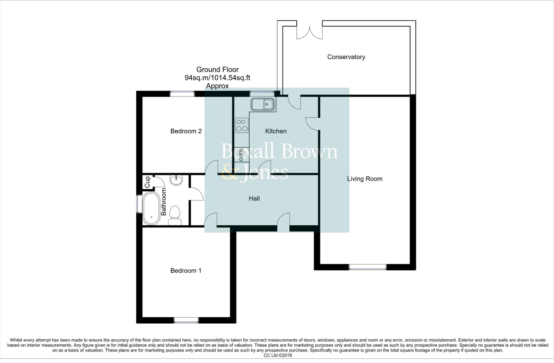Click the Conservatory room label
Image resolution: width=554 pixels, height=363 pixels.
(346, 57)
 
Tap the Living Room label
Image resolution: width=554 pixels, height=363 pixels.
(365, 179)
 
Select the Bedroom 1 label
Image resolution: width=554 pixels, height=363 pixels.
(186, 271)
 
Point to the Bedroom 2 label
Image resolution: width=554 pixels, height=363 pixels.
(186, 131)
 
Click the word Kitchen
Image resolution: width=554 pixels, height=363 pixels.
(276, 131)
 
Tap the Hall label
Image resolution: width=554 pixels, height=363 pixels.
(254, 199)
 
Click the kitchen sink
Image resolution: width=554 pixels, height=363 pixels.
(263, 105)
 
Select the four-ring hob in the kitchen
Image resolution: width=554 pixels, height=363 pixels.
(242, 125)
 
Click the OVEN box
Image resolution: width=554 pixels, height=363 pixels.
(242, 155)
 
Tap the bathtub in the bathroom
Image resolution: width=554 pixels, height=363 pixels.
(151, 208)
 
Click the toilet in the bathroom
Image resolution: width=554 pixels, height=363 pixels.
(175, 216)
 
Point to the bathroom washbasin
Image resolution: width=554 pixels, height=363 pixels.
(176, 180)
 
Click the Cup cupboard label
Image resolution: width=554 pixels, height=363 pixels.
(147, 183)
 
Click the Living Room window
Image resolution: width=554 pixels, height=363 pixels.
(368, 267)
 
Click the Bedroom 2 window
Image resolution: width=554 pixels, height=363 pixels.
(182, 94)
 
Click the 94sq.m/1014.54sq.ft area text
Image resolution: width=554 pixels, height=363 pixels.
(217, 78)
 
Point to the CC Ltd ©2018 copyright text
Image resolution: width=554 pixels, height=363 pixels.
(278, 355)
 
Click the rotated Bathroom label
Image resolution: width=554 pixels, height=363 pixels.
(164, 202)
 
